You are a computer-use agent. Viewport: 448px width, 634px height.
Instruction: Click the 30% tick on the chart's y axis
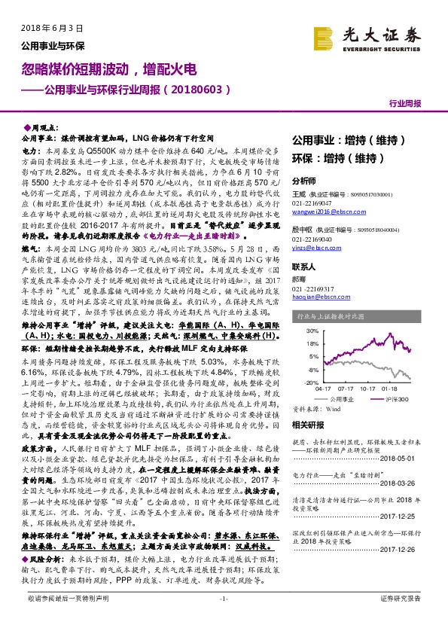click(311, 331)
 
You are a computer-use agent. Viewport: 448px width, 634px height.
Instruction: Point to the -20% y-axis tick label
click(310, 383)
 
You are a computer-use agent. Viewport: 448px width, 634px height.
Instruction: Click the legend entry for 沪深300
click(396, 399)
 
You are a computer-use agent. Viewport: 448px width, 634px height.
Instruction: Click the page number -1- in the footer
click(223, 619)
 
